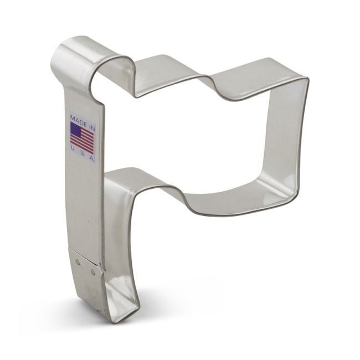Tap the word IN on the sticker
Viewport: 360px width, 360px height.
point(90,119)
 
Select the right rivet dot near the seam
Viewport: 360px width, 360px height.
point(91,271)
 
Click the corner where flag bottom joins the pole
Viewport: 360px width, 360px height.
point(107,178)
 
